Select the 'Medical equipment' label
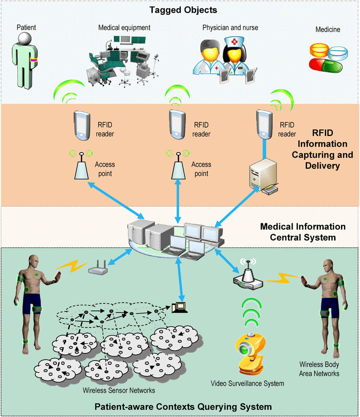tap(124, 28)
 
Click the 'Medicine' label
tap(327, 30)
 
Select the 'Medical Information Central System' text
tap(302, 232)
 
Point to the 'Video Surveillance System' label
tap(247, 384)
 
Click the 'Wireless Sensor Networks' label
tap(119, 390)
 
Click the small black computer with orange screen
tap(180, 306)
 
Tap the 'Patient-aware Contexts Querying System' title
tap(183, 407)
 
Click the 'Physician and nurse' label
tap(230, 28)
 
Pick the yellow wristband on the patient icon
tap(34, 60)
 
